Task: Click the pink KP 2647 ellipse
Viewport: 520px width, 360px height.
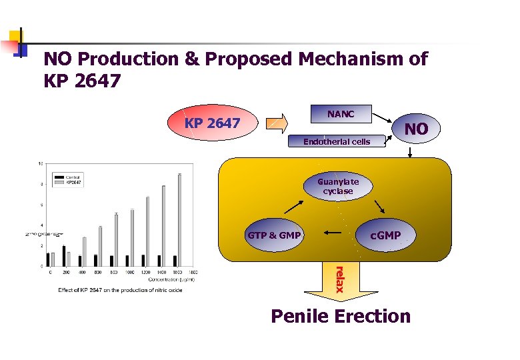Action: (x=213, y=124)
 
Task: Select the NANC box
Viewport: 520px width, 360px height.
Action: (x=341, y=115)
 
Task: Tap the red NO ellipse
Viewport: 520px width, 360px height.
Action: (x=417, y=129)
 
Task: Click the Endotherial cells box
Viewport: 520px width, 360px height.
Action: (x=337, y=141)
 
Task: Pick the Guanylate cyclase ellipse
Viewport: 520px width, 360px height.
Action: (x=338, y=186)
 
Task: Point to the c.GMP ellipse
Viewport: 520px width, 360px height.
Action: (x=385, y=235)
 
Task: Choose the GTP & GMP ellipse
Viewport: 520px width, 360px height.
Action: (x=274, y=235)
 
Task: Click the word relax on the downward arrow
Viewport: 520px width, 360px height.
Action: (x=339, y=279)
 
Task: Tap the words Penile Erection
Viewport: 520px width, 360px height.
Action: (x=341, y=315)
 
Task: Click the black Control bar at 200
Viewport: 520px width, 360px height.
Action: (x=64, y=255)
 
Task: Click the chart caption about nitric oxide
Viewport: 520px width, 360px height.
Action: (x=119, y=290)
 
